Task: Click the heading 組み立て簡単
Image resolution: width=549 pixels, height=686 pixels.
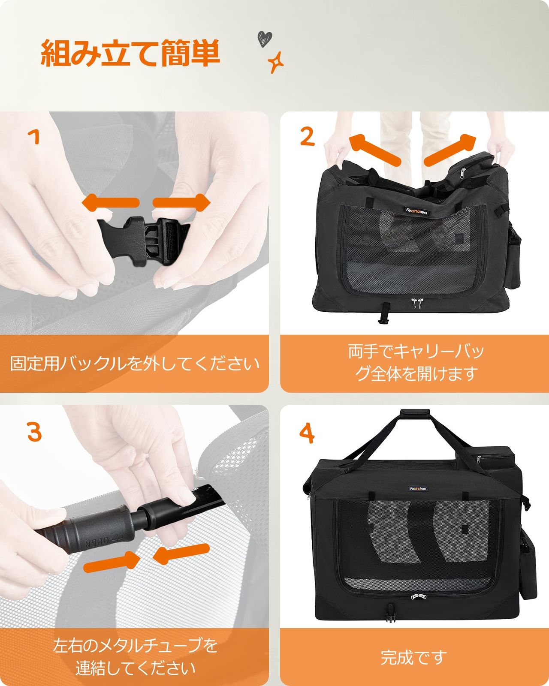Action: (x=130, y=53)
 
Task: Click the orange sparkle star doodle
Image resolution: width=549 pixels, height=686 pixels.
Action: (x=275, y=62)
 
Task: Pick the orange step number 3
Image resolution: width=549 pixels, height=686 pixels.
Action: (x=34, y=432)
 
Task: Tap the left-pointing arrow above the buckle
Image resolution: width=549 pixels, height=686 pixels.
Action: (x=111, y=203)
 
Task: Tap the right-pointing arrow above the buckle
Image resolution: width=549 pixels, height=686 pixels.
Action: (x=181, y=203)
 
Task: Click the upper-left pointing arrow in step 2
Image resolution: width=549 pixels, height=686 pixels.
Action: (x=374, y=149)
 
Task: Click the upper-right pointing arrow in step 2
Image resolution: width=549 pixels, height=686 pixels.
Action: (x=450, y=149)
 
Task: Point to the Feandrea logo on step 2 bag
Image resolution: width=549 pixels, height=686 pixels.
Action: (x=417, y=211)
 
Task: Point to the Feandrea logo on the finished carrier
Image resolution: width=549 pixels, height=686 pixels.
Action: (x=418, y=489)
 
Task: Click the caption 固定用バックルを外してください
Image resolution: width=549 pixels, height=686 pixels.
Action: (x=135, y=364)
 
